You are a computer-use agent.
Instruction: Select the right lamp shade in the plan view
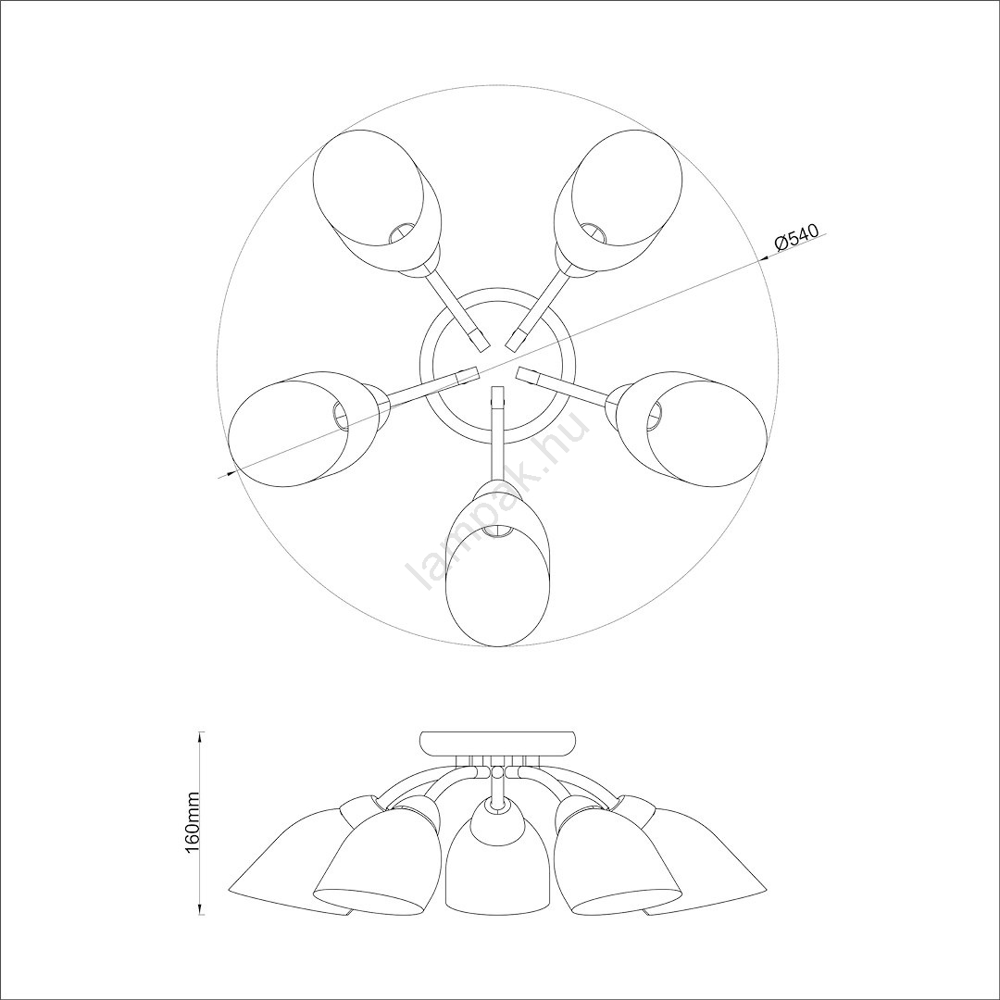[690, 428]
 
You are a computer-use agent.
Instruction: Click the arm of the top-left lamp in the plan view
[456, 308]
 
